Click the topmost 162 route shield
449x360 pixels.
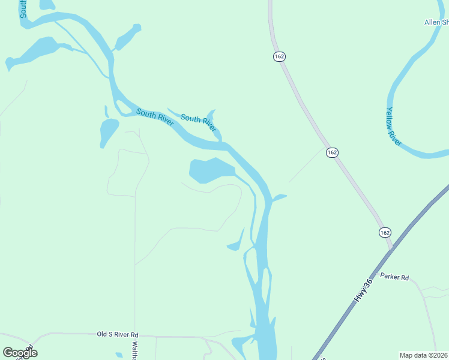tap(279, 56)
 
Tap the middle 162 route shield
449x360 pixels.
tap(333, 152)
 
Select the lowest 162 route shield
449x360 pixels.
tap(385, 232)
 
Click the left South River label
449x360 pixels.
tap(155, 116)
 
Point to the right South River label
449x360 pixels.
tap(198, 123)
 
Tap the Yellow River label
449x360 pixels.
tap(394, 127)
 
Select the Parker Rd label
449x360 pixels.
tap(395, 278)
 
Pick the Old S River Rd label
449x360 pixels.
tap(118, 334)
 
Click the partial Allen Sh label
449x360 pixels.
tap(436, 22)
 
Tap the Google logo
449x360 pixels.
tap(20, 352)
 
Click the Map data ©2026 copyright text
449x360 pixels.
tap(423, 355)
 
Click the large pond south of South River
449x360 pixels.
tap(209, 170)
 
